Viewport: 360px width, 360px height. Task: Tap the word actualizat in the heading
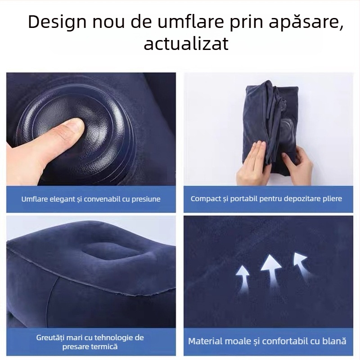point(186,44)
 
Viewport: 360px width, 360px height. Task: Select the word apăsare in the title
point(305,22)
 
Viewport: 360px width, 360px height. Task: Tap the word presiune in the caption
point(146,199)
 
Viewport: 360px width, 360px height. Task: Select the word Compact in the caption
point(206,198)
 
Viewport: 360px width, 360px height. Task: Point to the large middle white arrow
point(270,268)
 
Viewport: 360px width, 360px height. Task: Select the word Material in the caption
point(205,341)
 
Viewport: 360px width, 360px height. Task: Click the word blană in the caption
point(334,341)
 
